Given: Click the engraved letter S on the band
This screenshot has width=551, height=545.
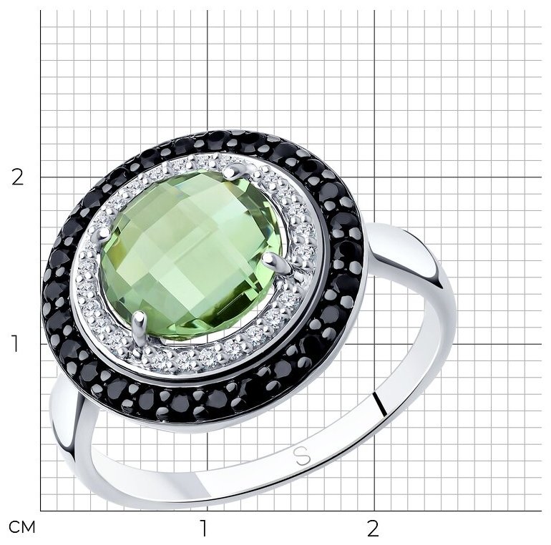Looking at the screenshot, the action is (x=302, y=456).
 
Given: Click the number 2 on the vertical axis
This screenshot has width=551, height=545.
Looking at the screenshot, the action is (x=18, y=177).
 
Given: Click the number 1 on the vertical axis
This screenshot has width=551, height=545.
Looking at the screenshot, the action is (x=15, y=344).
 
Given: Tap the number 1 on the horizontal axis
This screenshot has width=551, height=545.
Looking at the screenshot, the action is (x=204, y=528).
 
